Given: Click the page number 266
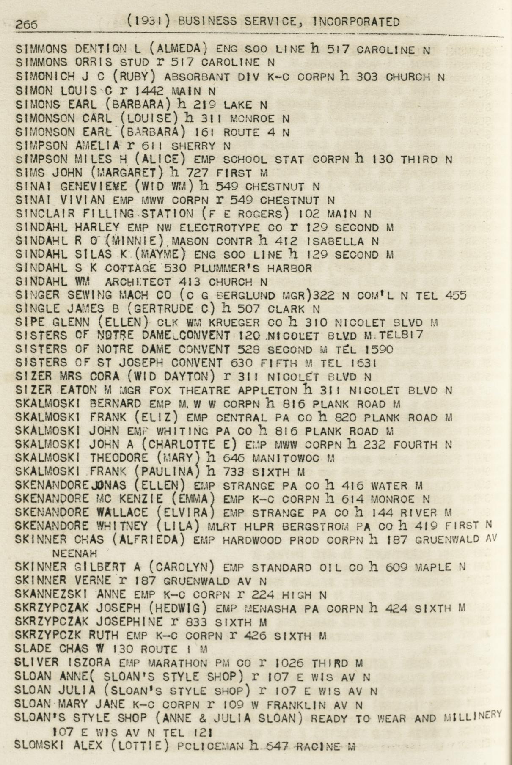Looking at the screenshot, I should (x=26, y=24).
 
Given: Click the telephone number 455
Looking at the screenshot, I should (x=456, y=295).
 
